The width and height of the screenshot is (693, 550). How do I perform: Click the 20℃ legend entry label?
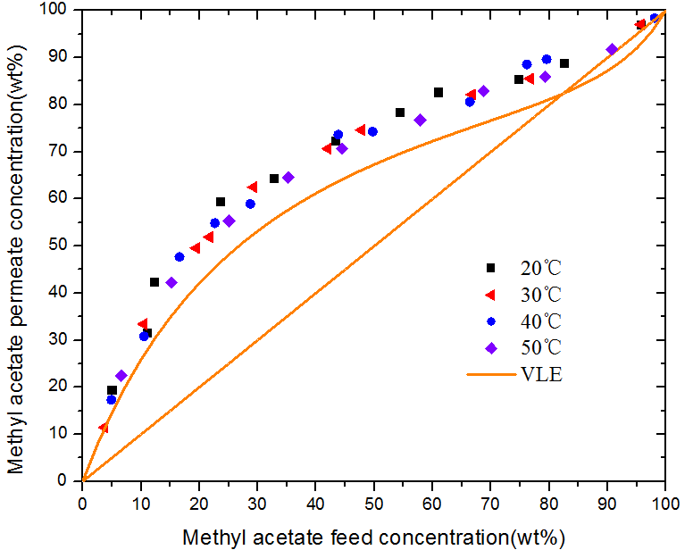tap(540, 267)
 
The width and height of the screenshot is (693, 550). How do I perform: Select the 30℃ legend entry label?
tap(540, 294)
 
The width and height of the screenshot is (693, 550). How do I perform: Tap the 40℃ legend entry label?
tap(540, 320)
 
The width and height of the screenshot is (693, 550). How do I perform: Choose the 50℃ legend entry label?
tap(540, 346)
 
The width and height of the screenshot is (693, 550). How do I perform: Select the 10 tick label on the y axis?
tap(63, 434)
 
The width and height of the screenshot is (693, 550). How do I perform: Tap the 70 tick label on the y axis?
tap(63, 151)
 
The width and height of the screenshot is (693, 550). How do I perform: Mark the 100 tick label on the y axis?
tap(59, 10)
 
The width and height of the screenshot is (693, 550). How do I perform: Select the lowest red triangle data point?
tap(104, 429)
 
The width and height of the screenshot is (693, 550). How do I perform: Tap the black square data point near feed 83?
tap(564, 63)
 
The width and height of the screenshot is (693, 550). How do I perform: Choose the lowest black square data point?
tap(112, 390)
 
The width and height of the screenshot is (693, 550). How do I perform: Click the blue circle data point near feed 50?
tap(372, 131)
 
